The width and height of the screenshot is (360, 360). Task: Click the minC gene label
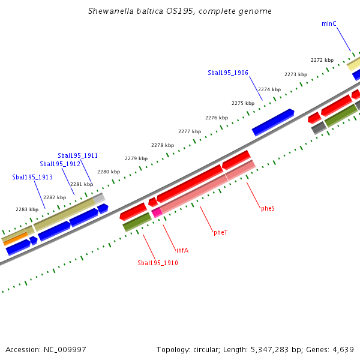[x=329, y=23]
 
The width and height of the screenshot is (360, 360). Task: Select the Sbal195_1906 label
[x=228, y=73]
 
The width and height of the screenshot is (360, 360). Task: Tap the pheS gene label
[x=268, y=208]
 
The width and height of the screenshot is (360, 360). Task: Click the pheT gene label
[x=221, y=232]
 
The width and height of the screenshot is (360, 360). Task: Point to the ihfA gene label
[x=181, y=250]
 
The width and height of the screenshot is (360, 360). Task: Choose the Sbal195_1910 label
[x=158, y=263]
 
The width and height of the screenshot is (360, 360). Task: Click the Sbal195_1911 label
[x=78, y=155]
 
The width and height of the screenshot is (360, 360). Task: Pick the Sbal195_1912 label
[x=60, y=164]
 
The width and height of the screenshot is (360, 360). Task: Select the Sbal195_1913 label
[x=32, y=177]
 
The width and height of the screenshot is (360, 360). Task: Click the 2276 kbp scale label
[x=217, y=118]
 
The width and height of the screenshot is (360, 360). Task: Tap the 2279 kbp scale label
[x=136, y=158]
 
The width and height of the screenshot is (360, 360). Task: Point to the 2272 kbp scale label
[x=322, y=60]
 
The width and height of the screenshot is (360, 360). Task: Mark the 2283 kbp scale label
[x=27, y=209]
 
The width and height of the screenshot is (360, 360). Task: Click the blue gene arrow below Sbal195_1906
[x=273, y=122]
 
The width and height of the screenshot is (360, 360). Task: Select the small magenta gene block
[x=157, y=212]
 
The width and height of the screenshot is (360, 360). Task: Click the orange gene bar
[x=15, y=239]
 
